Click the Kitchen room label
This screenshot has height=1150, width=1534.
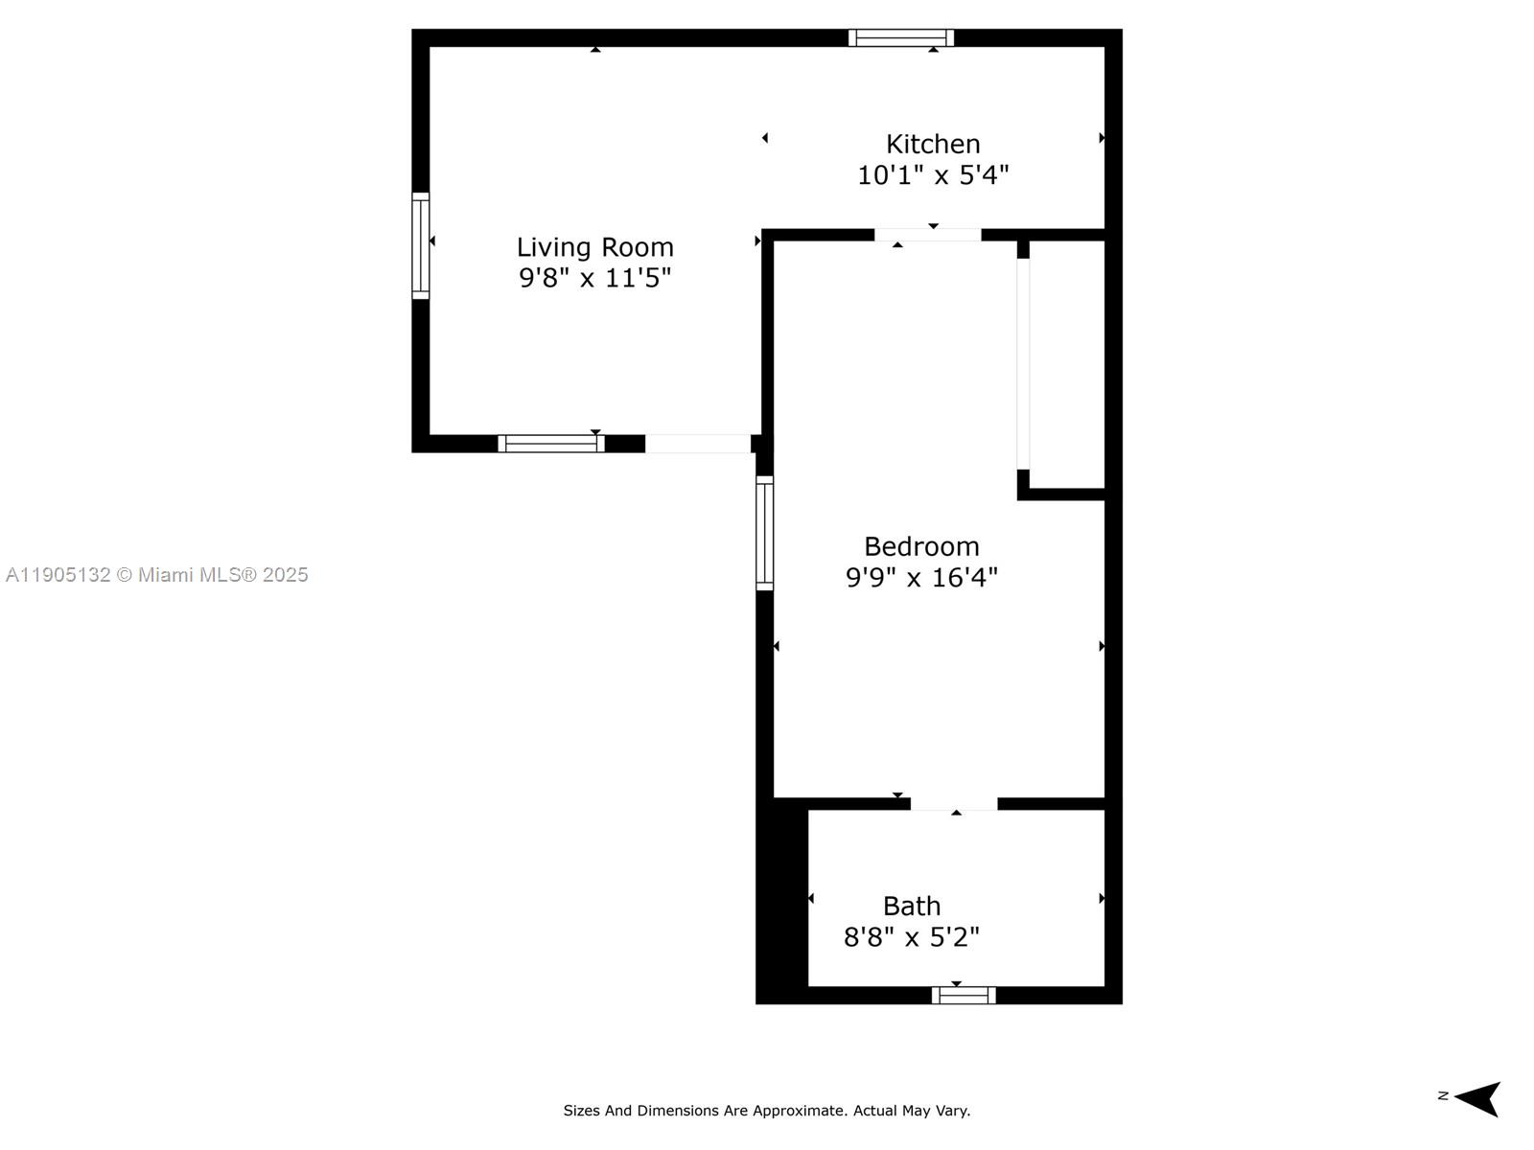tap(933, 144)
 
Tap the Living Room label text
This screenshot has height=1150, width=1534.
tap(594, 247)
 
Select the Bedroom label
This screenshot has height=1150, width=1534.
tap(921, 546)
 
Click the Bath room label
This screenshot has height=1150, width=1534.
tap(911, 906)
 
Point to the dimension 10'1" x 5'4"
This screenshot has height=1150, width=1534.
tap(933, 175)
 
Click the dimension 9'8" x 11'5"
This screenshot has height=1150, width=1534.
tap(594, 278)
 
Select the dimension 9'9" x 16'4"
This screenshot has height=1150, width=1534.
tap(921, 578)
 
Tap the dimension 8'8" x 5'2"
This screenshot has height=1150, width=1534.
tap(911, 936)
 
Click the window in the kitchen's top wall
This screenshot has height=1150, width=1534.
tap(900, 38)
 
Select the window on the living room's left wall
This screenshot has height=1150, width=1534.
tap(421, 245)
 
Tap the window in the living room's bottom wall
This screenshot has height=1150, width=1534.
tap(550, 444)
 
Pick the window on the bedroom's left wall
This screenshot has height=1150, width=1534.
tap(764, 533)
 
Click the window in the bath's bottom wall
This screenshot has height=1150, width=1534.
tap(964, 996)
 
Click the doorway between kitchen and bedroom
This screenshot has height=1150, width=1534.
tap(927, 235)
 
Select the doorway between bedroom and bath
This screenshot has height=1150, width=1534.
tap(954, 804)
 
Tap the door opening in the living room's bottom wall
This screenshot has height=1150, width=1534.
tap(697, 444)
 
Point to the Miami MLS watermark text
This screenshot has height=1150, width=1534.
tap(156, 575)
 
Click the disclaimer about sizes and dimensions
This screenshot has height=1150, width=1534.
tap(766, 1111)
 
